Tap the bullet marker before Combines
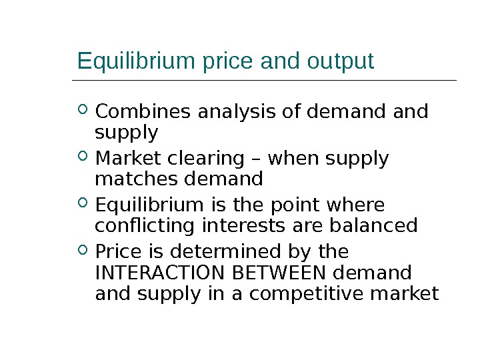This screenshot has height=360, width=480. click(x=83, y=109)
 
